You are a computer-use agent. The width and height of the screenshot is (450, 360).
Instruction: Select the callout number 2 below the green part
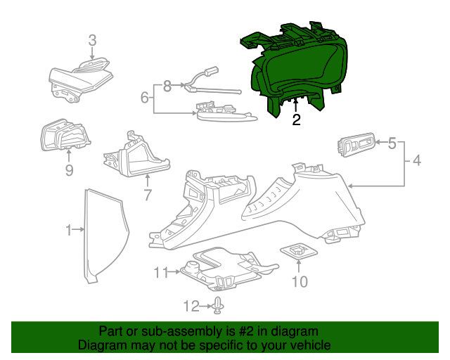296,120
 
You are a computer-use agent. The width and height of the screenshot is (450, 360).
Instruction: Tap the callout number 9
69,170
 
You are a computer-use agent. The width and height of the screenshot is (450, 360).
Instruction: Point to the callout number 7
147,195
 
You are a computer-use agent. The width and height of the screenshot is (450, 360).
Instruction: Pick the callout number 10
300,282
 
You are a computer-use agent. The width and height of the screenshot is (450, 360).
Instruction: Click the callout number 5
392,143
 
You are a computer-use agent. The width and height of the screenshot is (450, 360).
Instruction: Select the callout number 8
167,86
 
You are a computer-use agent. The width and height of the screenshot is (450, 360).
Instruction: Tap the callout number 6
144,97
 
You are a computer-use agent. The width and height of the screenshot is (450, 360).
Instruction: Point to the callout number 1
69,229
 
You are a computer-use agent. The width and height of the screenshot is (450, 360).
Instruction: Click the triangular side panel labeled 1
105,232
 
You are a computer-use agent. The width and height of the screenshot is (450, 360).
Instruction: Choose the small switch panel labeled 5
358,145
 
